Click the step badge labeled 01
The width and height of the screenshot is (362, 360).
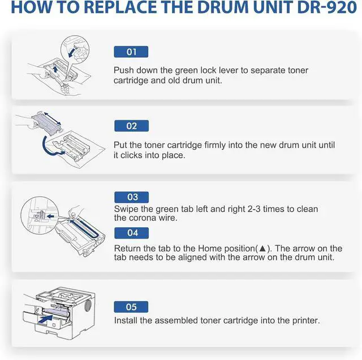tap(131, 51)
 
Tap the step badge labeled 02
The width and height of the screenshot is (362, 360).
tap(131, 126)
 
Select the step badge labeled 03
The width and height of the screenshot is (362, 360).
tap(131, 197)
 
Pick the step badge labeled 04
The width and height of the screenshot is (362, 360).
tap(131, 233)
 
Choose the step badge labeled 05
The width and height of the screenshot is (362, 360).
tap(131, 307)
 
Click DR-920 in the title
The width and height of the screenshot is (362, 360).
tap(327, 7)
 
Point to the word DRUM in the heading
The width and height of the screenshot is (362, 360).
tap(223, 7)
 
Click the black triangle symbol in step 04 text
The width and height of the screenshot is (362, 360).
tap(262, 249)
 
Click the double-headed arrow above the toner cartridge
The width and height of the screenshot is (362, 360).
tap(53, 118)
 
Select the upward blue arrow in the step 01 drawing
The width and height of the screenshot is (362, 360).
tap(55, 69)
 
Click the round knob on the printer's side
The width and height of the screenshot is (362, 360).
tap(88, 306)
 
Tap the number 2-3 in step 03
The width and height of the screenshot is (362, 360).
tap(254, 209)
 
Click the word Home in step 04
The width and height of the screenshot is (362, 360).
tap(210, 249)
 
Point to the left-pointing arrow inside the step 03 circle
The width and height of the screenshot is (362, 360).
tap(50, 216)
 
